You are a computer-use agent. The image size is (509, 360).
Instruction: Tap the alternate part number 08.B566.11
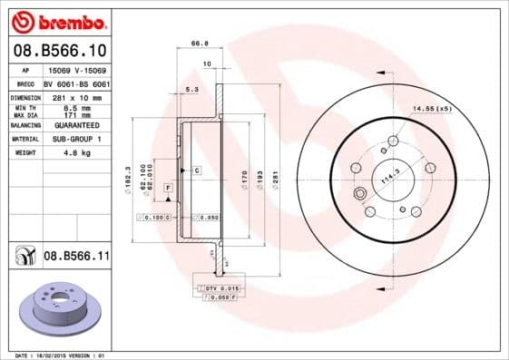76,258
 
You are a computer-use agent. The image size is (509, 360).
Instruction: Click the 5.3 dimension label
191,90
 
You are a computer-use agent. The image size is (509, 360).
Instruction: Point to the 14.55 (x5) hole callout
433,108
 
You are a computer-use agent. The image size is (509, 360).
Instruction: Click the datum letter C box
195,170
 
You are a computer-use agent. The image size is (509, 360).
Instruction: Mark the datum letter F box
168,187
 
